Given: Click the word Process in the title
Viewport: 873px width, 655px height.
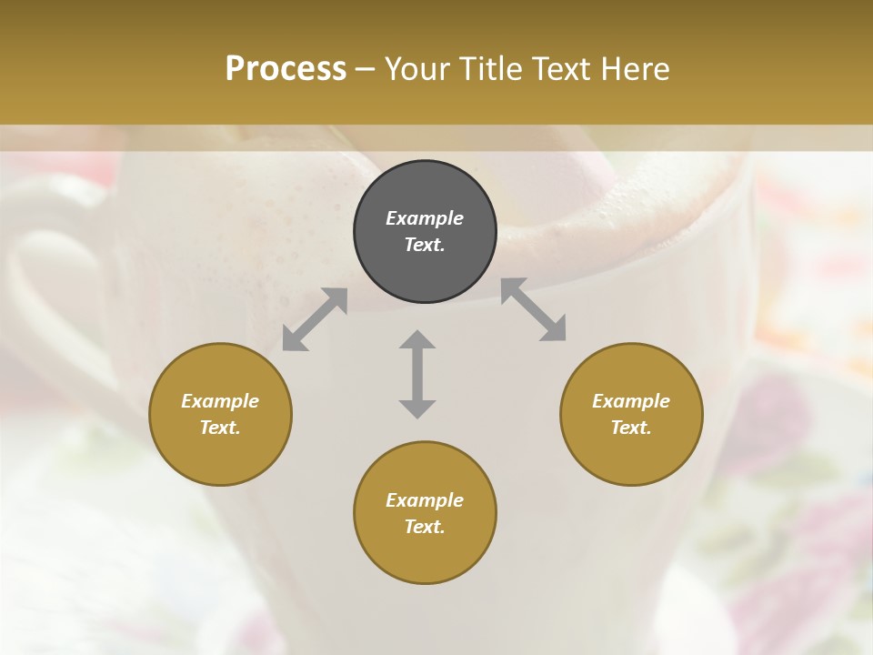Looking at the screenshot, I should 286,69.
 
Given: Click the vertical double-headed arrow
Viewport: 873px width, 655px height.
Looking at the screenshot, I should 417,374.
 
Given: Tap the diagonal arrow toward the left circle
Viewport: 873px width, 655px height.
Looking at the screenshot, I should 315,319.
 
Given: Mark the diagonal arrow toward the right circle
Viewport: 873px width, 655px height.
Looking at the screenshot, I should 534,309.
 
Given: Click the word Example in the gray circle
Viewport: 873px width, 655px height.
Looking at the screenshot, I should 425,218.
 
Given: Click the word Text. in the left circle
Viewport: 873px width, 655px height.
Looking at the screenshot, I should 220,428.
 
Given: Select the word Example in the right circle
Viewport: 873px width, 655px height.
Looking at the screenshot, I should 631,401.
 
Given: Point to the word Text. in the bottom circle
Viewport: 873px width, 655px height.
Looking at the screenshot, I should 425,527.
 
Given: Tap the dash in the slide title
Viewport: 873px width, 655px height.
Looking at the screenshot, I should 365,70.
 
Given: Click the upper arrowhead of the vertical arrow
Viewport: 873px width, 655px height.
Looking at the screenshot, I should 417,340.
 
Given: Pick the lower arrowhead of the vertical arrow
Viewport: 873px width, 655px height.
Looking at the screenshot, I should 417,408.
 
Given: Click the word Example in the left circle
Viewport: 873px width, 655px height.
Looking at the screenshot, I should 220,401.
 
